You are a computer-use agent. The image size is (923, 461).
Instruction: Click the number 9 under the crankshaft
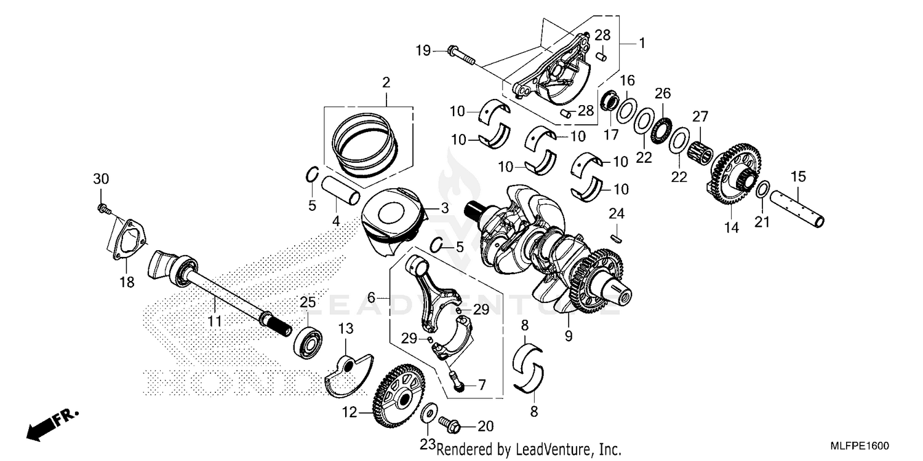click(569, 336)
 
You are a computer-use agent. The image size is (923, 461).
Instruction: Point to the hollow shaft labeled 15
click(799, 209)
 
